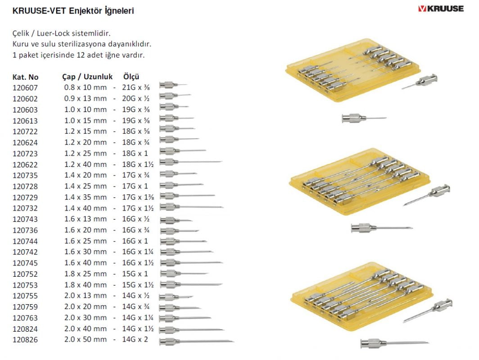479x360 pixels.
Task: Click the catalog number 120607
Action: pyautogui.click(x=25, y=88)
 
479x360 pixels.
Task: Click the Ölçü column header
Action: pyautogui.click(x=131, y=77)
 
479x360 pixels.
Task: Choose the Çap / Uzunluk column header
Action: pyautogui.click(x=87, y=77)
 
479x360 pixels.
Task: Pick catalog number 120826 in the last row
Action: pyautogui.click(x=25, y=339)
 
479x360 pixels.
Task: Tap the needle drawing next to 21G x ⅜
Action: pyautogui.click(x=173, y=84)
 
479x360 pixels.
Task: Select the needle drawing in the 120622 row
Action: pyautogui.click(x=191, y=162)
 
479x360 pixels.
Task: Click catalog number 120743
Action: pyautogui.click(x=25, y=219)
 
